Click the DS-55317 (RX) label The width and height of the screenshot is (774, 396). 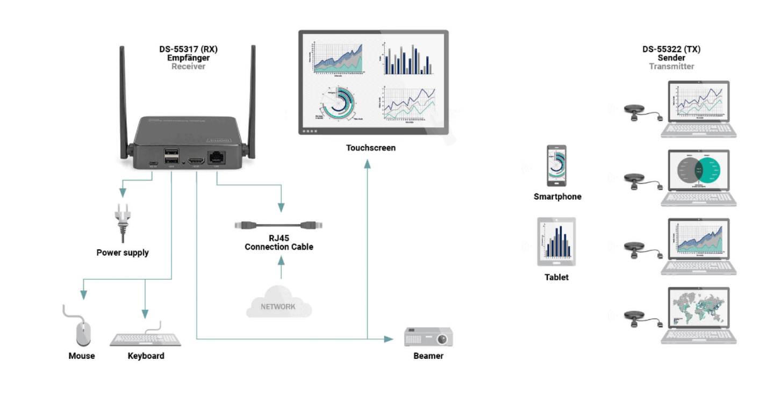coord(188,49)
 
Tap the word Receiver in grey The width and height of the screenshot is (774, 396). coord(188,67)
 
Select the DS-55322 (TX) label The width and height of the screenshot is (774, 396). coord(671,49)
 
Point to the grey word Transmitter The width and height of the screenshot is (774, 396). coord(671,67)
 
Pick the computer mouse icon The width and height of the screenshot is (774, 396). coord(82,332)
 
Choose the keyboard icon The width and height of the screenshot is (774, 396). coord(145,339)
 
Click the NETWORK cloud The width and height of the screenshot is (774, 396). coord(278,303)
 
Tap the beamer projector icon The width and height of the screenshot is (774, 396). coord(428,337)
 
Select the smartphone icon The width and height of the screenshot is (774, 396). coord(557,165)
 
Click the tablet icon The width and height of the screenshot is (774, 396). coord(556,242)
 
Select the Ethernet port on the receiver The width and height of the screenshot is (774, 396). coord(217,157)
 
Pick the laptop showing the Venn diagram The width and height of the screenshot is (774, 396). coord(698,177)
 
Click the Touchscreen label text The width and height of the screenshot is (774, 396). coord(370,147)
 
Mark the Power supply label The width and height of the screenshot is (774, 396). coord(123,253)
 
